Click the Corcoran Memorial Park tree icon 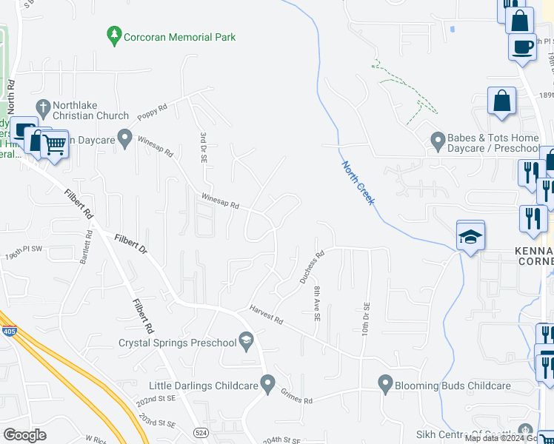click(x=113, y=36)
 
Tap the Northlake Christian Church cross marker click(x=43, y=108)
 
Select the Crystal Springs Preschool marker click(x=247, y=340)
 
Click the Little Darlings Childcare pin click(x=267, y=384)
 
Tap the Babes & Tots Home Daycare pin click(x=437, y=139)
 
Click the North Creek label click(x=358, y=183)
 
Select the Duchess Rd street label click(x=312, y=268)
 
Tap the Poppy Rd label click(x=153, y=111)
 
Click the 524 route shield click(x=200, y=431)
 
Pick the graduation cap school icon click(x=470, y=237)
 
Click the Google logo click(x=24, y=434)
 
